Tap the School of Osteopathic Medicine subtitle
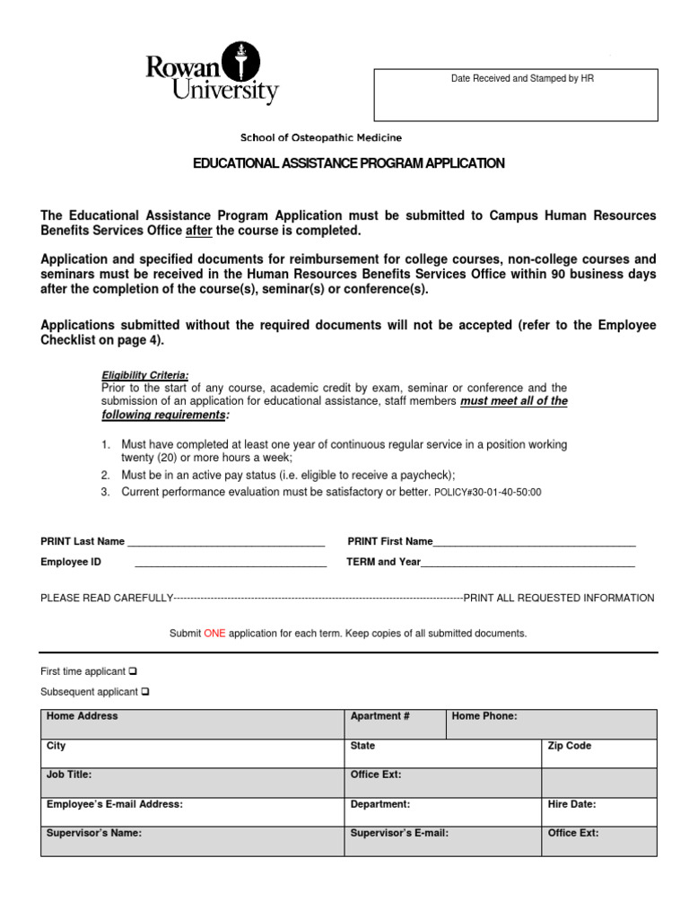[320, 137]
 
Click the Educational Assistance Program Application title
[349, 163]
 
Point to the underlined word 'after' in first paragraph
[197, 231]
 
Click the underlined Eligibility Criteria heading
[144, 375]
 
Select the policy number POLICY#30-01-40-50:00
[487, 493]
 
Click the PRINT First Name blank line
[534, 543]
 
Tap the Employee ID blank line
[230, 564]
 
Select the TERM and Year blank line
[528, 564]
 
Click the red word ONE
[214, 633]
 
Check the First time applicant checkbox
[132, 671]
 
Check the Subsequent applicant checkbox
[145, 692]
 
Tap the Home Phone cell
[551, 724]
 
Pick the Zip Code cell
[598, 754]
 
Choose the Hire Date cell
[598, 812]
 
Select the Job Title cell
[192, 783]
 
